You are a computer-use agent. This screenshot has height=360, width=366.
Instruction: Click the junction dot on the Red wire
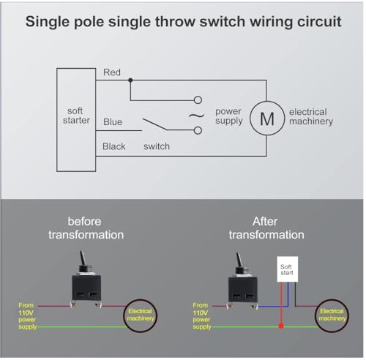coord(130,80)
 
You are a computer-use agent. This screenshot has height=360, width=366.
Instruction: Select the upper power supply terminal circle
coord(198,100)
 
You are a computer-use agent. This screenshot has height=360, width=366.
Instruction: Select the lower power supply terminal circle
coord(198,130)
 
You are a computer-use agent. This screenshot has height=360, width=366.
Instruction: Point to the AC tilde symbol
coord(196,116)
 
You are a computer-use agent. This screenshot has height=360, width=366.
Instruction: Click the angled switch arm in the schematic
coord(154,124)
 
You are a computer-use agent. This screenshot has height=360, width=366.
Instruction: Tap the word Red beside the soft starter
coord(112,72)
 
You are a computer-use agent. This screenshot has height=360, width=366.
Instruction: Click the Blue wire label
coord(113,122)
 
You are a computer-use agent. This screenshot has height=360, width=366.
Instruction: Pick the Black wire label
coord(114,146)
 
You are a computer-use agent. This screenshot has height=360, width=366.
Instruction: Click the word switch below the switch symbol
coord(157,146)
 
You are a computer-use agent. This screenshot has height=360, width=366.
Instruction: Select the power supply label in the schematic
coord(229,116)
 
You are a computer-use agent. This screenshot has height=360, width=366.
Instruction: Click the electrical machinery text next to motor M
coord(311,116)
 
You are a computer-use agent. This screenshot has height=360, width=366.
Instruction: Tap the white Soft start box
coord(288,269)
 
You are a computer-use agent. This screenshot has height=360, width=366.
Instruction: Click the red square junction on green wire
coord(281,326)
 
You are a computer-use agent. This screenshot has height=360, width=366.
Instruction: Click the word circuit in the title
coord(319,21)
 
